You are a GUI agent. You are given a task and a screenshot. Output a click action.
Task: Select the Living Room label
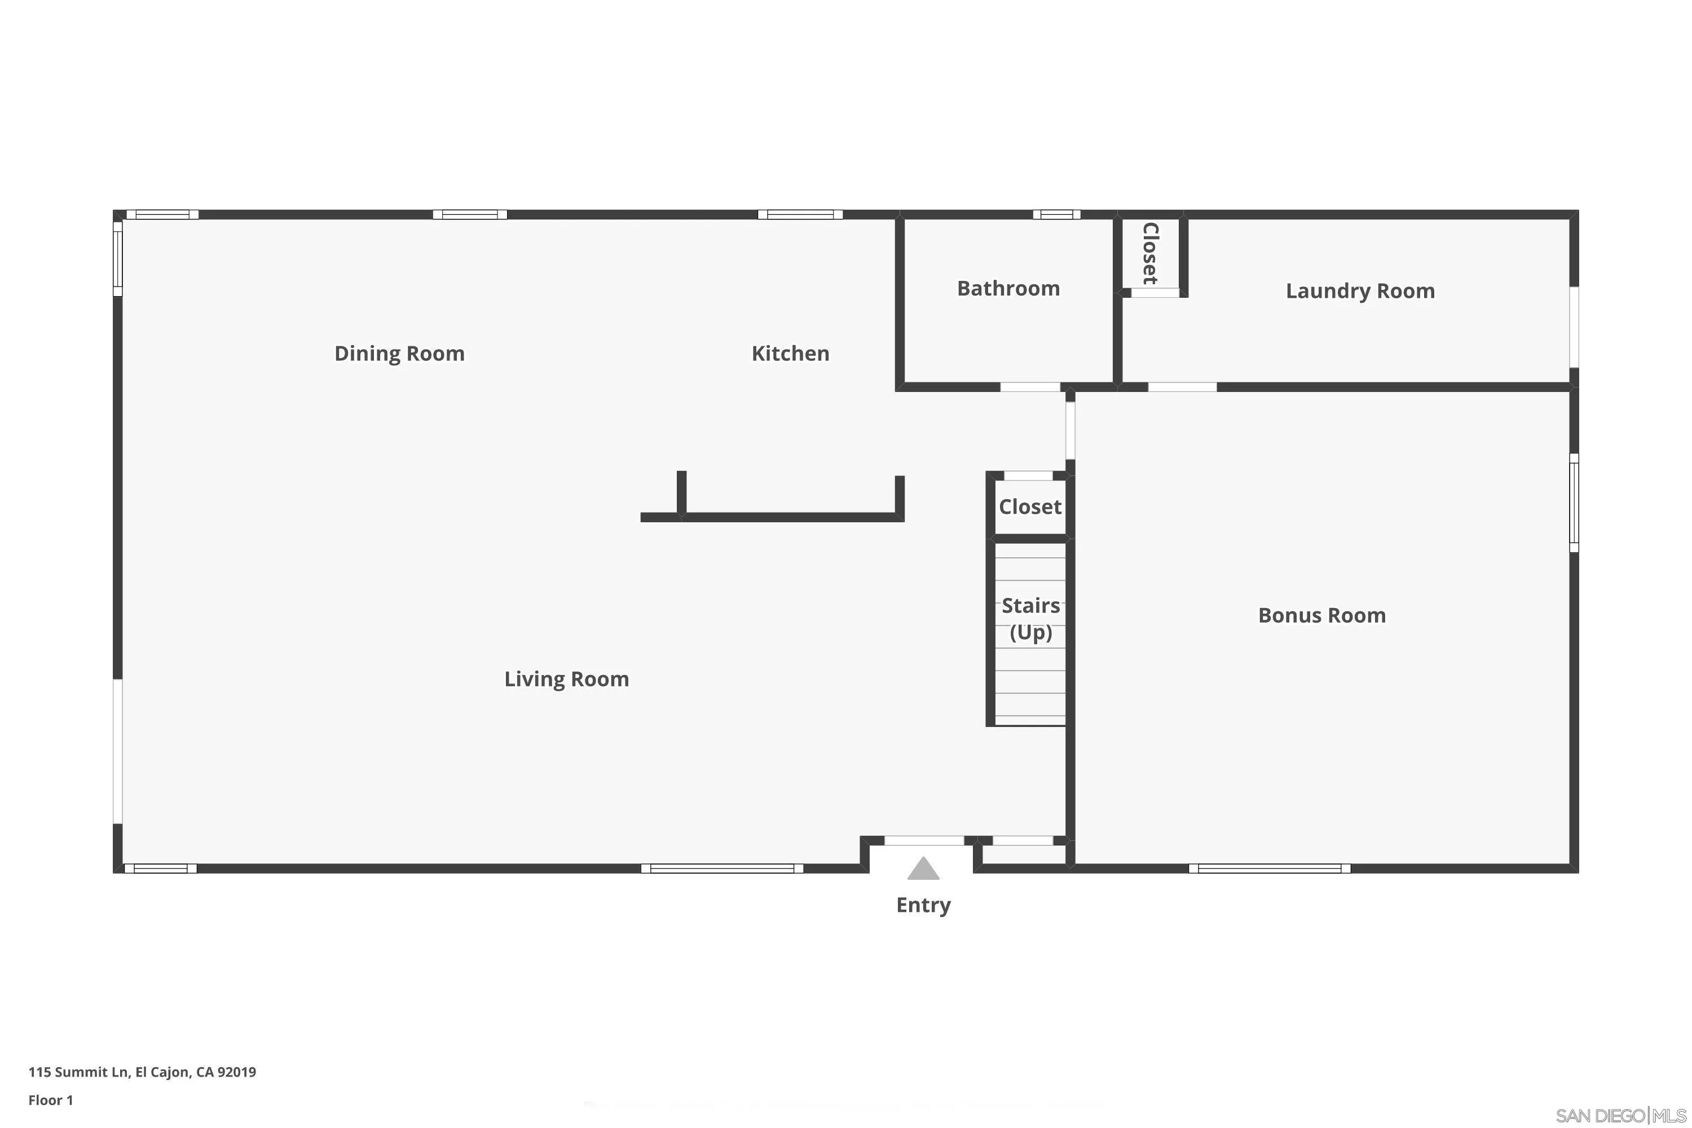click(x=566, y=679)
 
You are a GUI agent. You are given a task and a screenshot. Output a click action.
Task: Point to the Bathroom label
click(x=1008, y=288)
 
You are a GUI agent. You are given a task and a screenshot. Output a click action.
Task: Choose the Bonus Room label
click(x=1321, y=615)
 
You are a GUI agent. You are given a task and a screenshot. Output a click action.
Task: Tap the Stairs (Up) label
click(x=1030, y=619)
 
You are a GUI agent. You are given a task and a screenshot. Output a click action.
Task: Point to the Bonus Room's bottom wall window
click(x=1269, y=869)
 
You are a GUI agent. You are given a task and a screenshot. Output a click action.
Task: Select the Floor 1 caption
click(x=50, y=1100)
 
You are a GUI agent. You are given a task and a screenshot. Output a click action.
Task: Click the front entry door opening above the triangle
click(x=924, y=840)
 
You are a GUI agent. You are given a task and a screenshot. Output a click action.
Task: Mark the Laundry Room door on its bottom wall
click(x=1182, y=387)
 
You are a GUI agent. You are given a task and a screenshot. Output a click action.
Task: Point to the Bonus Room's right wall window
click(x=1574, y=503)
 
